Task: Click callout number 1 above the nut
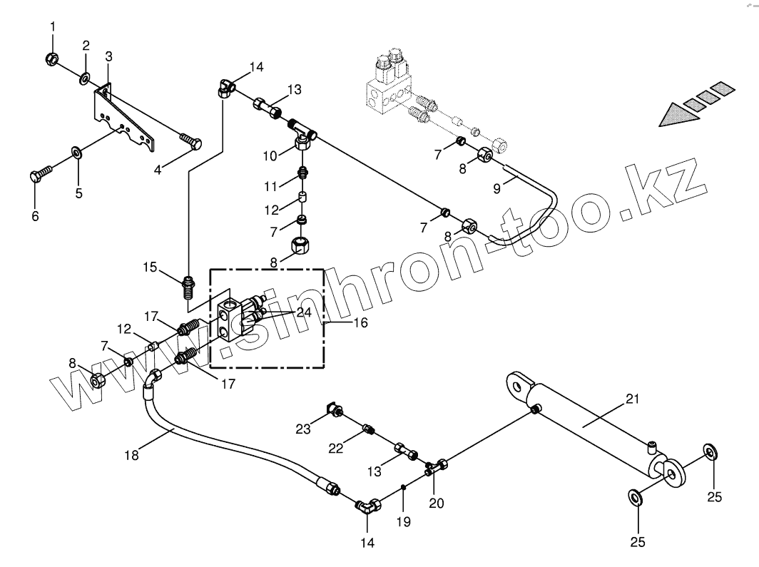pyautogui.click(x=52, y=28)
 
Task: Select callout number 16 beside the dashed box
pyautogui.click(x=360, y=322)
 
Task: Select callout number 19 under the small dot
pyautogui.click(x=403, y=521)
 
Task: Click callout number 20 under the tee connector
pyautogui.click(x=436, y=502)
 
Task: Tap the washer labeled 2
pyautogui.click(x=84, y=76)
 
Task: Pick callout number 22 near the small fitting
pyautogui.click(x=336, y=447)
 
